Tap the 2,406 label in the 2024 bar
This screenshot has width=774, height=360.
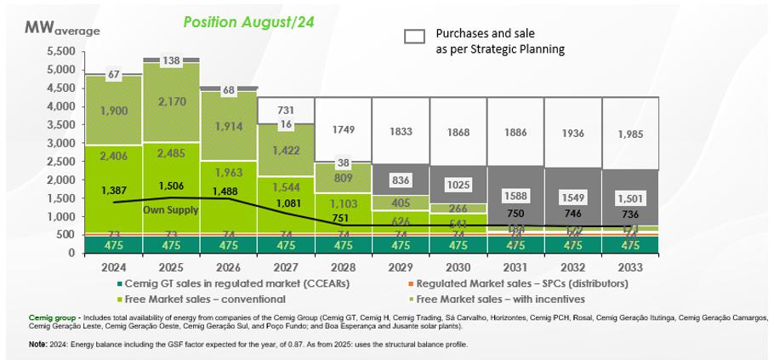click(x=113, y=156)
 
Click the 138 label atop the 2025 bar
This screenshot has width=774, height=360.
click(x=172, y=61)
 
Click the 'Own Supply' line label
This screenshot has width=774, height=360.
click(x=166, y=209)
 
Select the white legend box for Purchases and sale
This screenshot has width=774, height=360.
click(x=414, y=36)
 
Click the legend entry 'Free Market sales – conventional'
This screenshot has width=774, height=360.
click(x=203, y=299)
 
